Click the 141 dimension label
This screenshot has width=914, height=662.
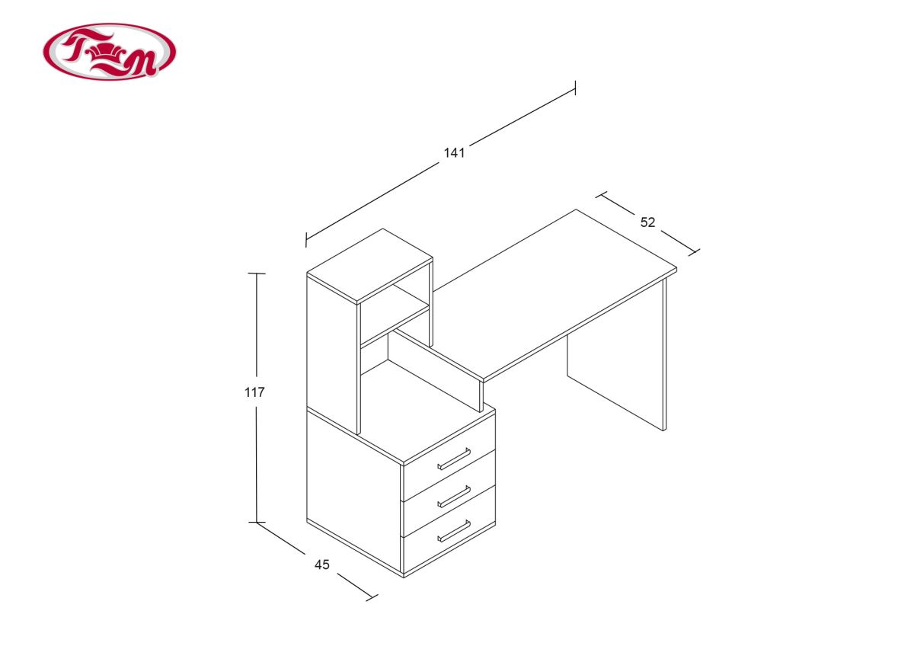454,152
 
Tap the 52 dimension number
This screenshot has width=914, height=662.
647,222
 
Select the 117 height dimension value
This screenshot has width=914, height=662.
254,392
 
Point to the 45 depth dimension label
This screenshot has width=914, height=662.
322,564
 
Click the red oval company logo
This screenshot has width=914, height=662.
110,52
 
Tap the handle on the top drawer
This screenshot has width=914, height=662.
454,459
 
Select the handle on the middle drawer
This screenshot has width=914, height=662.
454,496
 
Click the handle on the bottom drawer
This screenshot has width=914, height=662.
454,532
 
